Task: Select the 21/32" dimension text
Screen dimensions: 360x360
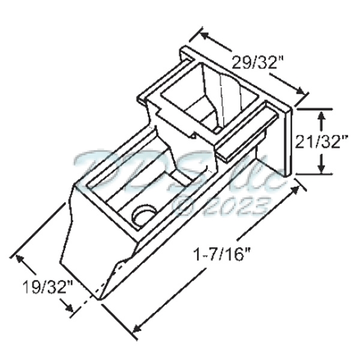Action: (323, 142)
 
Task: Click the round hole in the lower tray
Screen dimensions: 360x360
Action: (144, 214)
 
